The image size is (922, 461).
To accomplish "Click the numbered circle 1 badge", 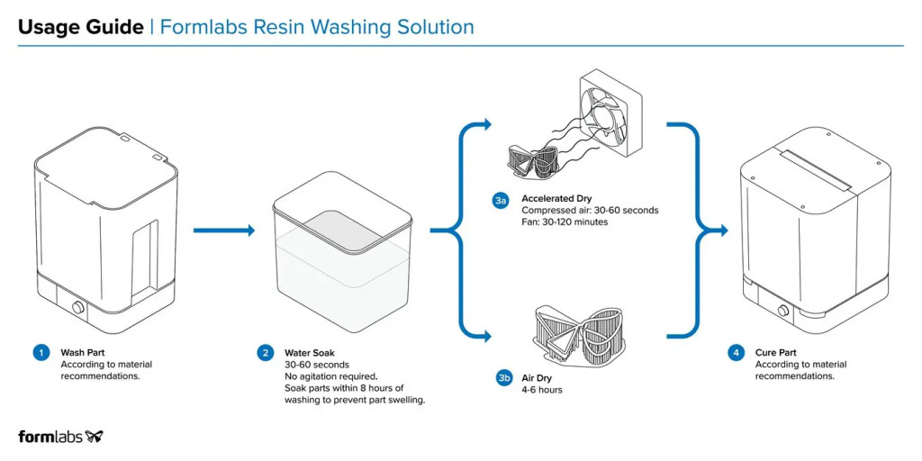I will [x=41, y=353].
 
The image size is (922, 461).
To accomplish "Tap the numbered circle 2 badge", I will [x=266, y=353].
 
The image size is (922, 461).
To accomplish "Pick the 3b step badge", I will [x=504, y=379].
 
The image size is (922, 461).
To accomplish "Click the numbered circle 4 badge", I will [x=737, y=353].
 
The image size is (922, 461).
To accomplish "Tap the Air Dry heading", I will [x=537, y=378].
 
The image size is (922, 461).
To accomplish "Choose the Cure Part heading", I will [x=776, y=353].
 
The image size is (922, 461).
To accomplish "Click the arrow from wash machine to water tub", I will [x=224, y=230].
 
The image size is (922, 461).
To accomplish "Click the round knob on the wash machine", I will [x=77, y=309].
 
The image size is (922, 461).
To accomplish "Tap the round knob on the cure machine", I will [x=781, y=312].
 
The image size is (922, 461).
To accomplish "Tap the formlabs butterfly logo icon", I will [x=95, y=437].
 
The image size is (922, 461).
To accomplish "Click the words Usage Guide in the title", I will [x=80, y=27].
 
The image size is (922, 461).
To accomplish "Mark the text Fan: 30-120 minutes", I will [x=565, y=221].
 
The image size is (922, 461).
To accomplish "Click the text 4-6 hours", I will [x=544, y=391].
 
